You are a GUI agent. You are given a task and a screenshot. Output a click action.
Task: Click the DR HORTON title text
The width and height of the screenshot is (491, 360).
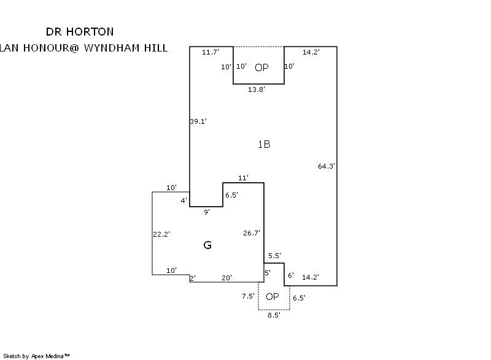(x=80, y=31)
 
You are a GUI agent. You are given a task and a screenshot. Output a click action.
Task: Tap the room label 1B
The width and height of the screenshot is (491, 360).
(x=264, y=145)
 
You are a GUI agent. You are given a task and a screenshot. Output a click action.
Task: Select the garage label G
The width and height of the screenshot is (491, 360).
(x=207, y=245)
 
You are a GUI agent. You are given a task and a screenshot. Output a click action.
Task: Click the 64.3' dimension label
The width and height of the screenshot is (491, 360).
(x=327, y=166)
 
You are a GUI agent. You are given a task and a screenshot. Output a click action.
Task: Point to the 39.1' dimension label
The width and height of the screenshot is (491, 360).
(x=198, y=121)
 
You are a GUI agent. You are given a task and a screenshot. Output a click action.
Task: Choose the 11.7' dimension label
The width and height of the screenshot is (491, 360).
(x=211, y=53)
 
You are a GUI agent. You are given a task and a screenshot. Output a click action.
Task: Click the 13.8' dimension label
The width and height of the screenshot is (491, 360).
(x=257, y=90)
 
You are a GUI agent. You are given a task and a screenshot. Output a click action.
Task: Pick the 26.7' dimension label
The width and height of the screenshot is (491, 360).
(x=252, y=233)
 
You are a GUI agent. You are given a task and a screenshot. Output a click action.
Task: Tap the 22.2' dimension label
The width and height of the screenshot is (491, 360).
(x=161, y=234)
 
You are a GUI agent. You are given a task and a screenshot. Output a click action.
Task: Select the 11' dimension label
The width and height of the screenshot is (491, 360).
(x=243, y=178)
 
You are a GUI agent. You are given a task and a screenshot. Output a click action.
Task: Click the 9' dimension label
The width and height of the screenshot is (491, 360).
(x=207, y=212)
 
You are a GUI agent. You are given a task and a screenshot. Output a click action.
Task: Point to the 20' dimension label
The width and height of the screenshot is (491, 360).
(x=226, y=278)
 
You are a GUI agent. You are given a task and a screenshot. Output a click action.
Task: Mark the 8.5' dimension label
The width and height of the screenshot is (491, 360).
(x=274, y=315)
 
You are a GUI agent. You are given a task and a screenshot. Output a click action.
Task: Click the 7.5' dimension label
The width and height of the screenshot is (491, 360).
(x=248, y=296)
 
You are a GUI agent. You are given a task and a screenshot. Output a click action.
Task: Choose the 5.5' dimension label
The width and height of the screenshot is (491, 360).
(x=274, y=256)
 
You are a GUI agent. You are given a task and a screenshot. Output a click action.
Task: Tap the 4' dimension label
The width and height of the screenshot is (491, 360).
(x=184, y=201)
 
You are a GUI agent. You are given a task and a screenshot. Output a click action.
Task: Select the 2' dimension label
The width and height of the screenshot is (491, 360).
(x=192, y=278)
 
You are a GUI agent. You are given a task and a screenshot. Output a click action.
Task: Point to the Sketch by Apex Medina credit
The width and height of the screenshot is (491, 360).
(x=36, y=356)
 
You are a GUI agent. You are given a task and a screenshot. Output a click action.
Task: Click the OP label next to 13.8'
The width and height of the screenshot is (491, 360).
(x=261, y=67)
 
